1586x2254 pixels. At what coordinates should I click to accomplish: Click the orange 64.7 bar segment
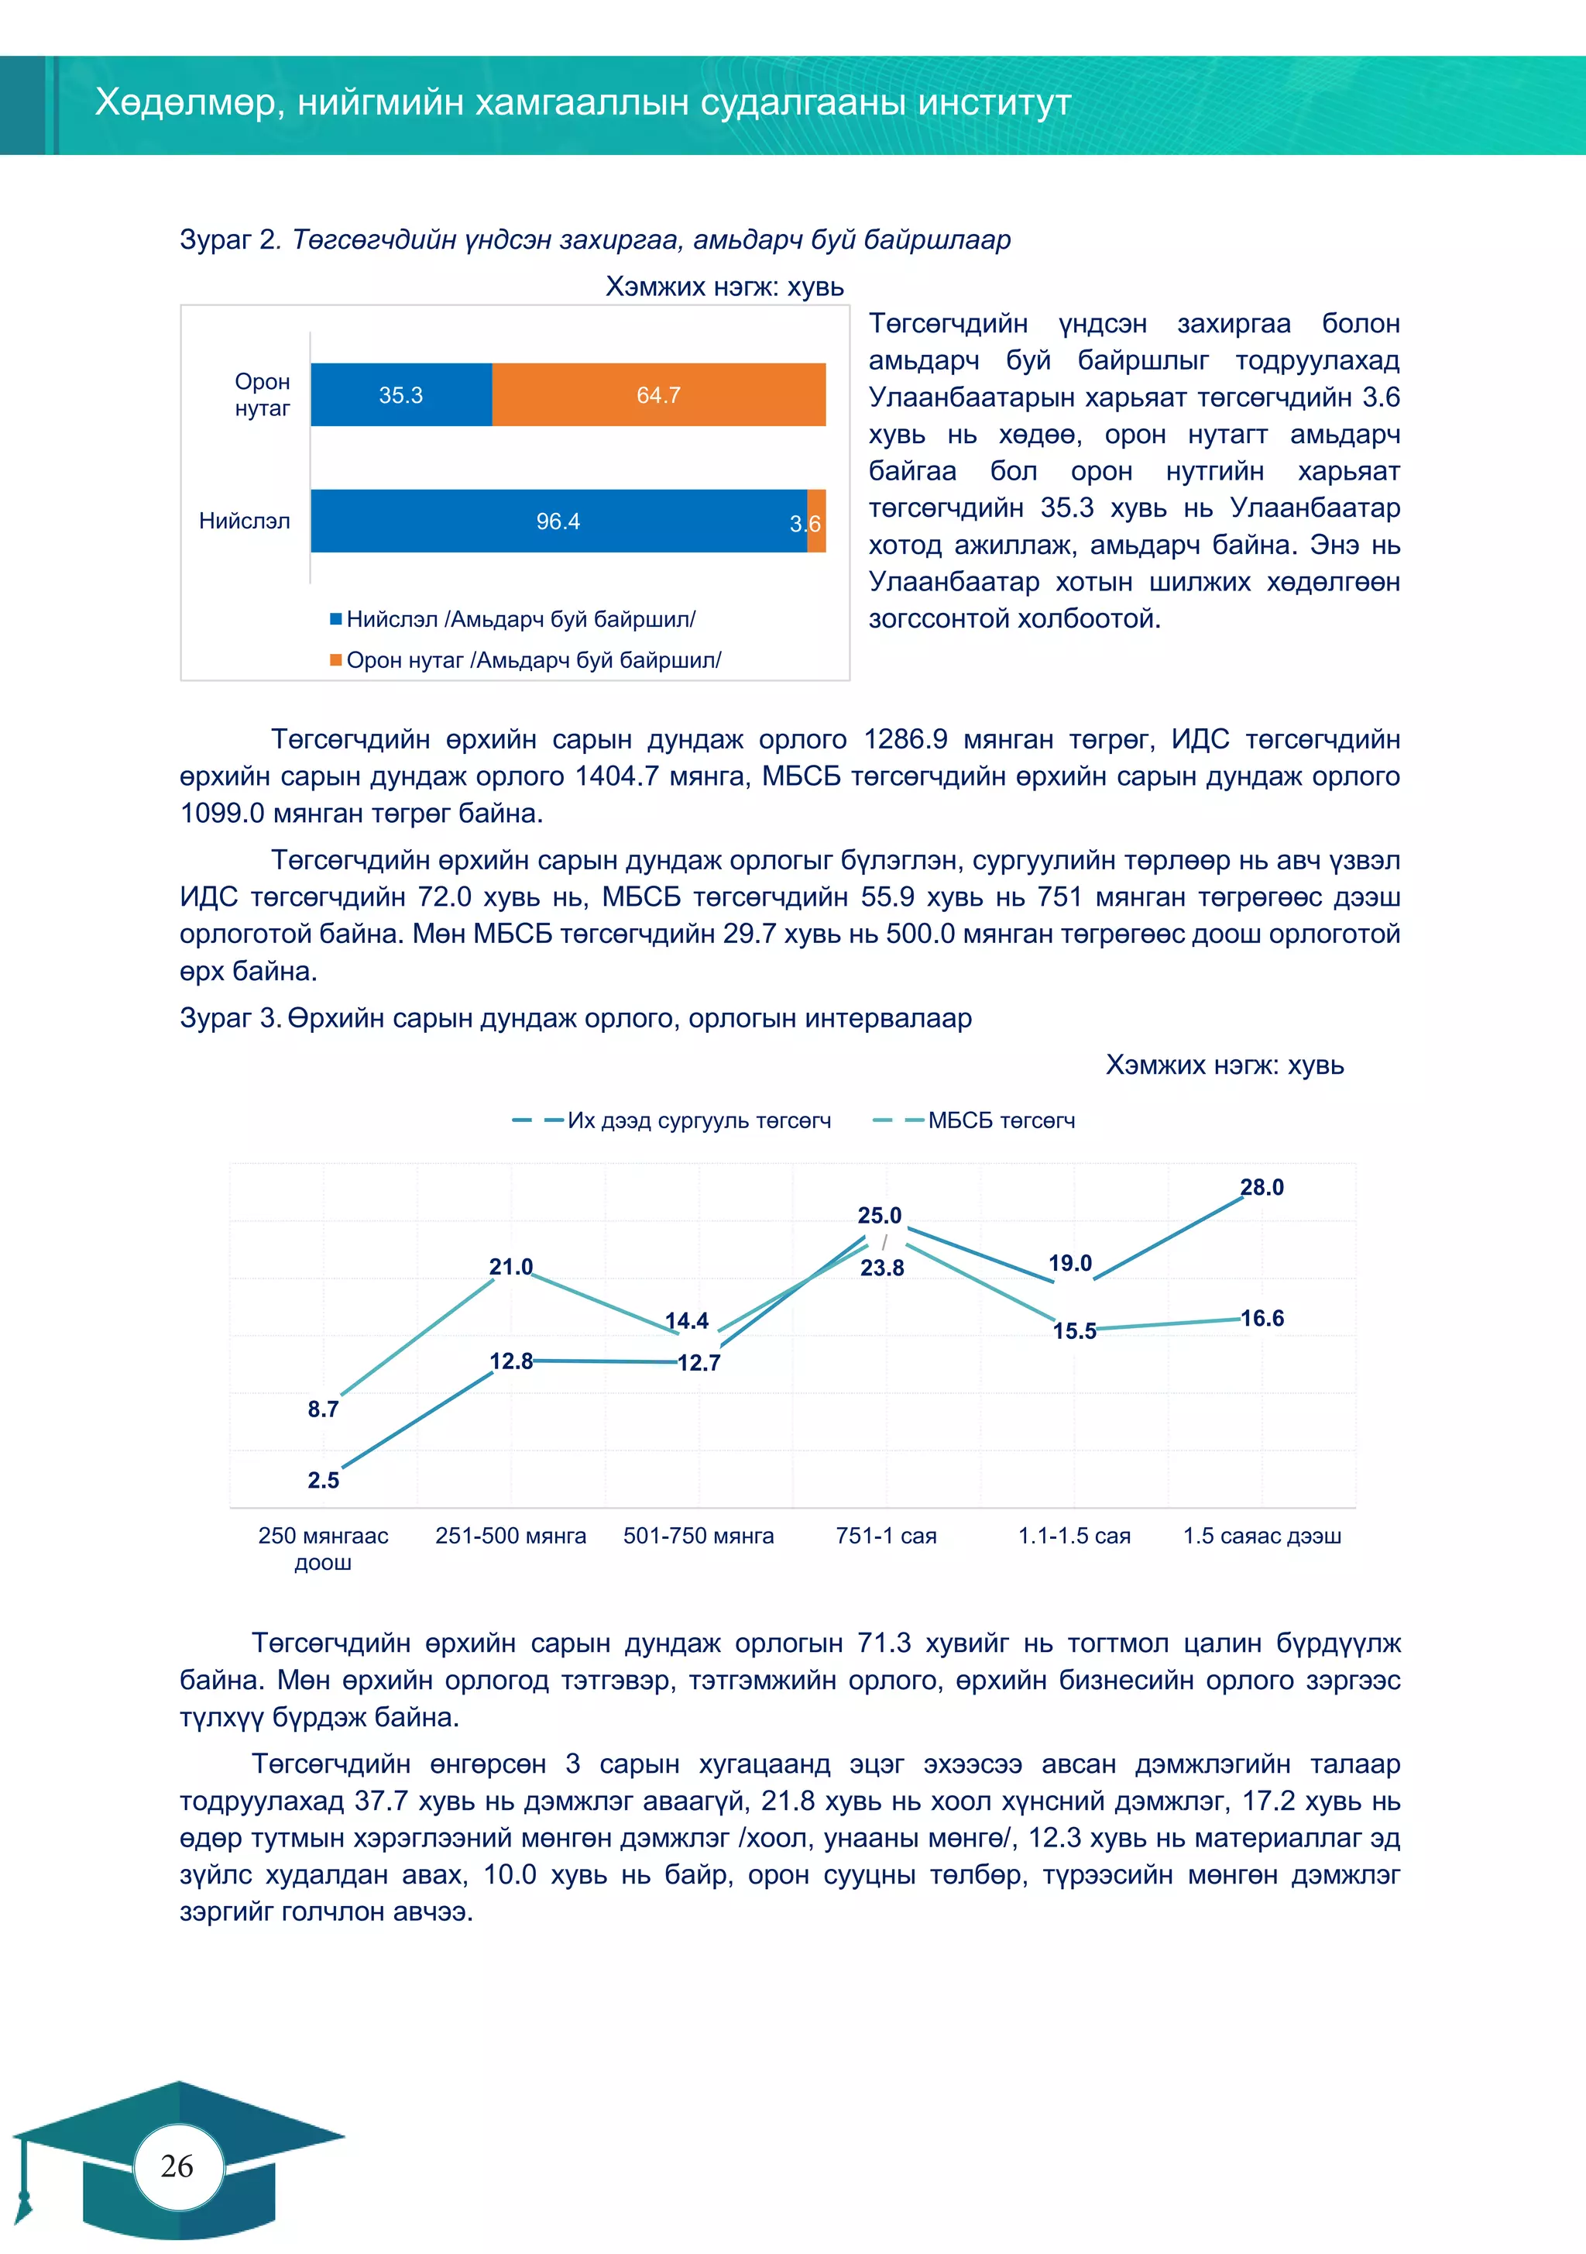point(658,394)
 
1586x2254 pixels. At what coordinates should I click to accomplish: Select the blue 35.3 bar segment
point(400,394)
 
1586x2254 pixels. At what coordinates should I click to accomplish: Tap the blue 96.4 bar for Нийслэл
point(558,521)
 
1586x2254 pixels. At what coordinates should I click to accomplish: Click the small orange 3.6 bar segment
point(816,521)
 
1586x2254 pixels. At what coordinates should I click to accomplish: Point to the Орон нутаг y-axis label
point(262,394)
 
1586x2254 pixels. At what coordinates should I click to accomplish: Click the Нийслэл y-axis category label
point(245,521)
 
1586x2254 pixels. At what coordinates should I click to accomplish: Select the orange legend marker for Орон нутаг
point(335,659)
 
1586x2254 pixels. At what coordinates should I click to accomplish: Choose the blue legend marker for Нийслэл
point(335,618)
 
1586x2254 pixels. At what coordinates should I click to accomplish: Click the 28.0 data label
point(1262,1187)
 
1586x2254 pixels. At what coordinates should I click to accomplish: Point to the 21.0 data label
point(510,1266)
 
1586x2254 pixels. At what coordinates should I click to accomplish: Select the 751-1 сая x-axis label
point(885,1536)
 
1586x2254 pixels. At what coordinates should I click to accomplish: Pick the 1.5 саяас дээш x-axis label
point(1262,1536)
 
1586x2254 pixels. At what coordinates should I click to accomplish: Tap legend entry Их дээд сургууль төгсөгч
point(699,1120)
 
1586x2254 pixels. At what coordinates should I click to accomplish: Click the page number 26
point(177,2166)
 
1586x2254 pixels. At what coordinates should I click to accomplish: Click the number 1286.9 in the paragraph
point(905,739)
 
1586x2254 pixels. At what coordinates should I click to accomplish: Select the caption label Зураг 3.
point(231,1018)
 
